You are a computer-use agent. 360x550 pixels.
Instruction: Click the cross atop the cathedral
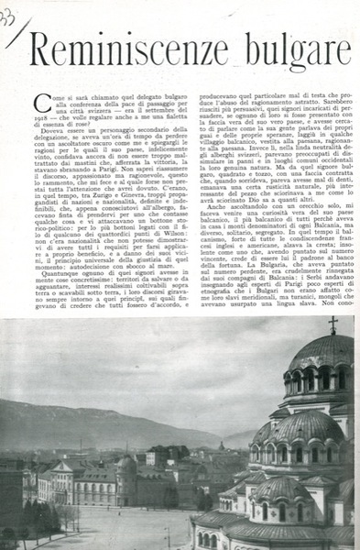pyautogui.click(x=333, y=323)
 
